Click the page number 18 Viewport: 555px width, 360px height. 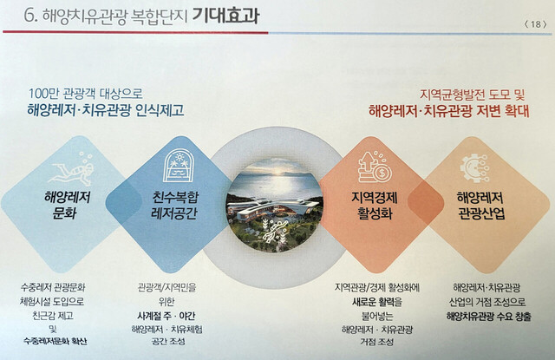pos(536,23)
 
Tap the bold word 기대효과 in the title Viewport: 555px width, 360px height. pos(225,16)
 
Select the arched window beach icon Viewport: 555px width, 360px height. pos(180,166)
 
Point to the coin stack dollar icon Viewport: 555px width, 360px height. pos(374,167)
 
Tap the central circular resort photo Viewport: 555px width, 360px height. pos(274,205)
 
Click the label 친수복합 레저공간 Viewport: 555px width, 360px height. pos(175,206)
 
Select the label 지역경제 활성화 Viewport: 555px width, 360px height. pos(375,206)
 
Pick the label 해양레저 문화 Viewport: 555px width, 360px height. pos(67,206)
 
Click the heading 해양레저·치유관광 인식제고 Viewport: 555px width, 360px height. pos(106,110)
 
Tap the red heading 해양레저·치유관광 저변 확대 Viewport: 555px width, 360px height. pos(449,111)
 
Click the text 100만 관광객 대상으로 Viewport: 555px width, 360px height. pos(85,94)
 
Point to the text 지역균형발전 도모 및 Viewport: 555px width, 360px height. pos(472,95)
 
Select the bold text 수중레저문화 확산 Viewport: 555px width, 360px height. pos(55,341)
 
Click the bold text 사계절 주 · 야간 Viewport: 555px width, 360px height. pos(166,316)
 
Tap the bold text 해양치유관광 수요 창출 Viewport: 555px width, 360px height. pos(489,316)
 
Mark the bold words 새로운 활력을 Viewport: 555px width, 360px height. pos(377,302)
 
